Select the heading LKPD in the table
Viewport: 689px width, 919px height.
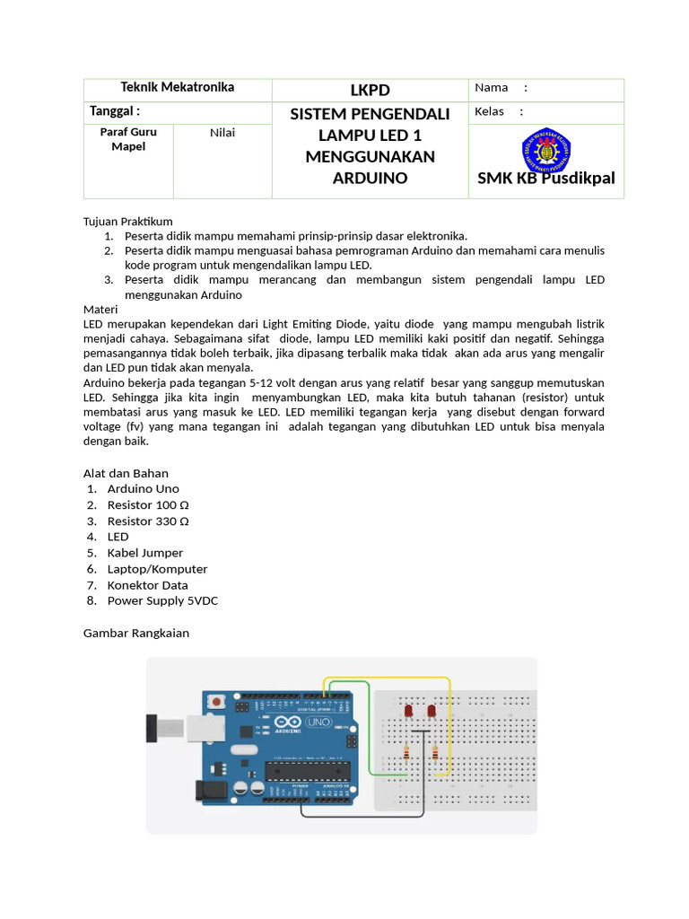tap(370, 90)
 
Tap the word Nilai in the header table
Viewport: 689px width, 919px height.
tap(222, 133)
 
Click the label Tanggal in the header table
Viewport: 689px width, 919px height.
tap(115, 111)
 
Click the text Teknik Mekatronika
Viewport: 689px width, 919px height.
tap(178, 87)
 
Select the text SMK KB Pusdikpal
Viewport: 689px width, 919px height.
tap(546, 178)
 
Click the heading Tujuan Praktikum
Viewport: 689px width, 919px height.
tap(127, 221)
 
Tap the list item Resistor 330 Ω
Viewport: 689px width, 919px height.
tap(148, 521)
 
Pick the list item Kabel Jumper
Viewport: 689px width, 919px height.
tap(144, 553)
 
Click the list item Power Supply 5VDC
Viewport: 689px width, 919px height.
tap(162, 600)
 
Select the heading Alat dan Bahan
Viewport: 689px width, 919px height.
tap(126, 473)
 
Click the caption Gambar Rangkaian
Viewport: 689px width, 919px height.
tap(136, 633)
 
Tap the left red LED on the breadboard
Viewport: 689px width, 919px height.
tap(409, 712)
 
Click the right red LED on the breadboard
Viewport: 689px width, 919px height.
tap(432, 712)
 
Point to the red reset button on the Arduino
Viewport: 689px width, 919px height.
tap(216, 700)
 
